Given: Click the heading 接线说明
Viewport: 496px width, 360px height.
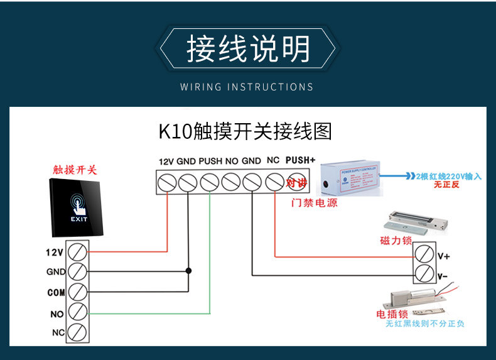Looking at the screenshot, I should pyautogui.click(x=248, y=49).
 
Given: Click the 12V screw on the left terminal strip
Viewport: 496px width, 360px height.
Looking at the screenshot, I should pyautogui.click(x=77, y=252).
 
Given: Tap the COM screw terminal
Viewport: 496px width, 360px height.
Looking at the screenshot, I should pyautogui.click(x=77, y=292).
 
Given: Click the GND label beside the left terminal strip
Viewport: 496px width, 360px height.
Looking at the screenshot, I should pyautogui.click(x=56, y=272).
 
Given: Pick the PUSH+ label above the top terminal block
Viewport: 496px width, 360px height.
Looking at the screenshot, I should pyautogui.click(x=300, y=160).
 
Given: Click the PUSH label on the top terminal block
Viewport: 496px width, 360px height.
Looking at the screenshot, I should pyautogui.click(x=210, y=161).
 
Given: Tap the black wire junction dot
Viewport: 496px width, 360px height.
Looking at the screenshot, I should pyautogui.click(x=188, y=271).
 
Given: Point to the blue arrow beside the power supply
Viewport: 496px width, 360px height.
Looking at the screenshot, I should pyautogui.click(x=395, y=177).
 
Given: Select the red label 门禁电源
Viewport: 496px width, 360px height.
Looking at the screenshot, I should pyautogui.click(x=315, y=204).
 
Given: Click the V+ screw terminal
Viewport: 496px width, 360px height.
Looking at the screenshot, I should pyautogui.click(x=424, y=254).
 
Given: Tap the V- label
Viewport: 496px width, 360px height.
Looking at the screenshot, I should pyautogui.click(x=443, y=275).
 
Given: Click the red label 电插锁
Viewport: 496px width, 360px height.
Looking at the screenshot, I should pyautogui.click(x=392, y=314).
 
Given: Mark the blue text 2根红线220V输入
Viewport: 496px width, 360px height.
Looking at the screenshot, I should pyautogui.click(x=448, y=177).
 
